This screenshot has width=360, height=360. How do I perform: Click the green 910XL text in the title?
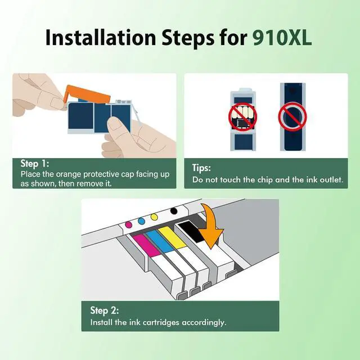pyautogui.click(x=282, y=38)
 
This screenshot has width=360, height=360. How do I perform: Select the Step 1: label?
pyautogui.click(x=35, y=164)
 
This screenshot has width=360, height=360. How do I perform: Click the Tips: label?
pyautogui.click(x=201, y=168)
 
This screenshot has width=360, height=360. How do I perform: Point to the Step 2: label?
pyautogui.click(x=105, y=310)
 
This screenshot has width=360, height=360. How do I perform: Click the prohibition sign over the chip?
pyautogui.click(x=242, y=117)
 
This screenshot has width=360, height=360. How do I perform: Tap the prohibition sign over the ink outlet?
pyautogui.click(x=292, y=117)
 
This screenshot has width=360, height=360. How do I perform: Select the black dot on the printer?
pyautogui.click(x=174, y=211)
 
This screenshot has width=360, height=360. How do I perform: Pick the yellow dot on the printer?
pyautogui.click(x=154, y=217)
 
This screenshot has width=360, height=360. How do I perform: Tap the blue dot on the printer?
pyautogui.click(x=141, y=221)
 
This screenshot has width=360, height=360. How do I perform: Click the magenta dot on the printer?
pyautogui.click(x=129, y=224)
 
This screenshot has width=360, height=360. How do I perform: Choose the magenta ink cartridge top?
pyautogui.click(x=146, y=245)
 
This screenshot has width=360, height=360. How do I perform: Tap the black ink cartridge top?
pyautogui.click(x=191, y=231)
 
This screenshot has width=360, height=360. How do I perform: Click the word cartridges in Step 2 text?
pyautogui.click(x=161, y=322)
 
